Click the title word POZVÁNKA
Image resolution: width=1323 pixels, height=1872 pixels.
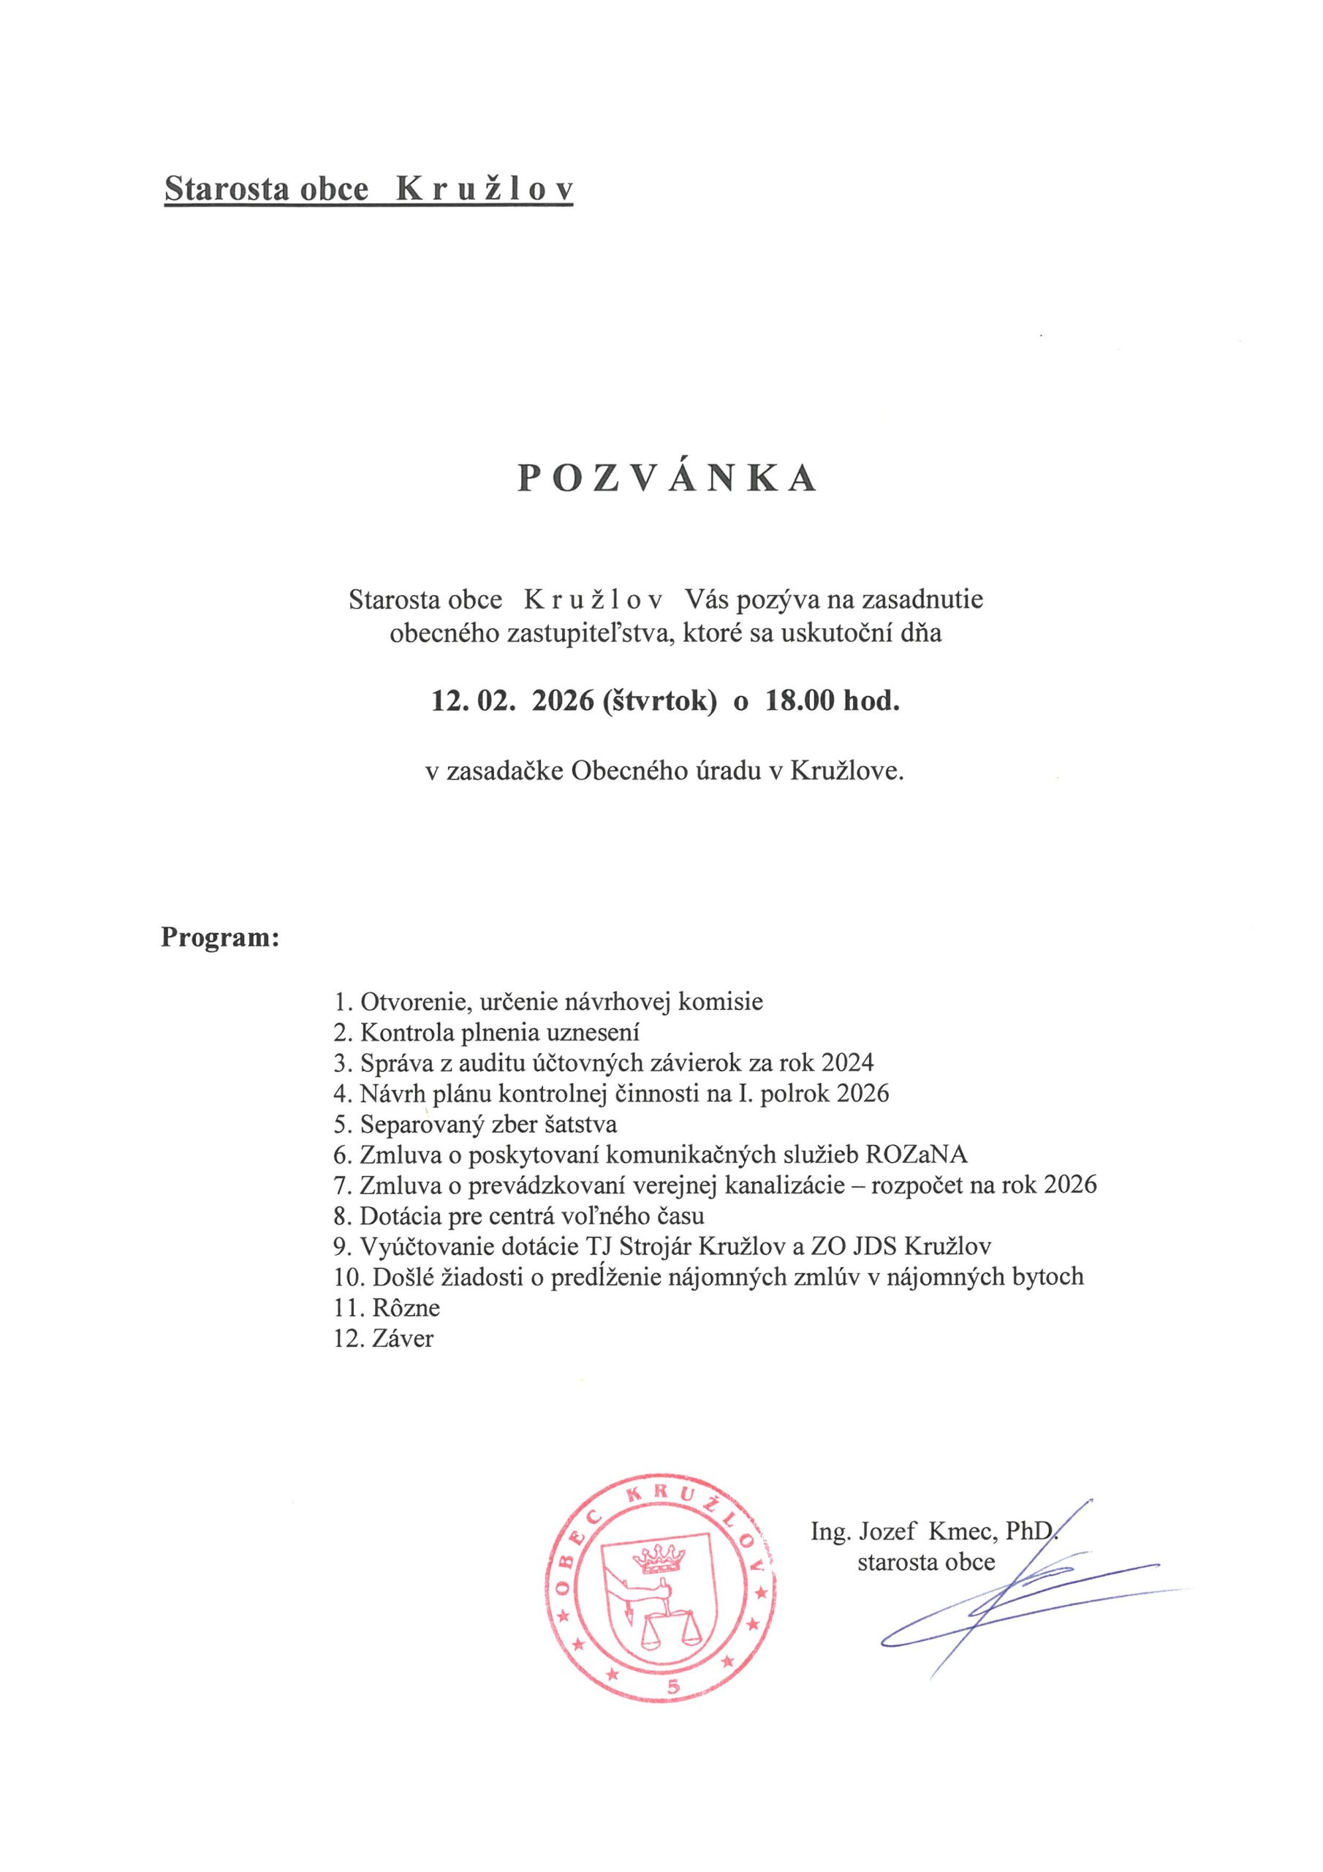tap(666, 480)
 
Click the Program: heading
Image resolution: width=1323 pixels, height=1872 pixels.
tap(220, 937)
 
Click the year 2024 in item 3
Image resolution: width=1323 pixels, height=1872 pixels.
tap(848, 1063)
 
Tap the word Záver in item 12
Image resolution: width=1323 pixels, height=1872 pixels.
tap(403, 1339)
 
